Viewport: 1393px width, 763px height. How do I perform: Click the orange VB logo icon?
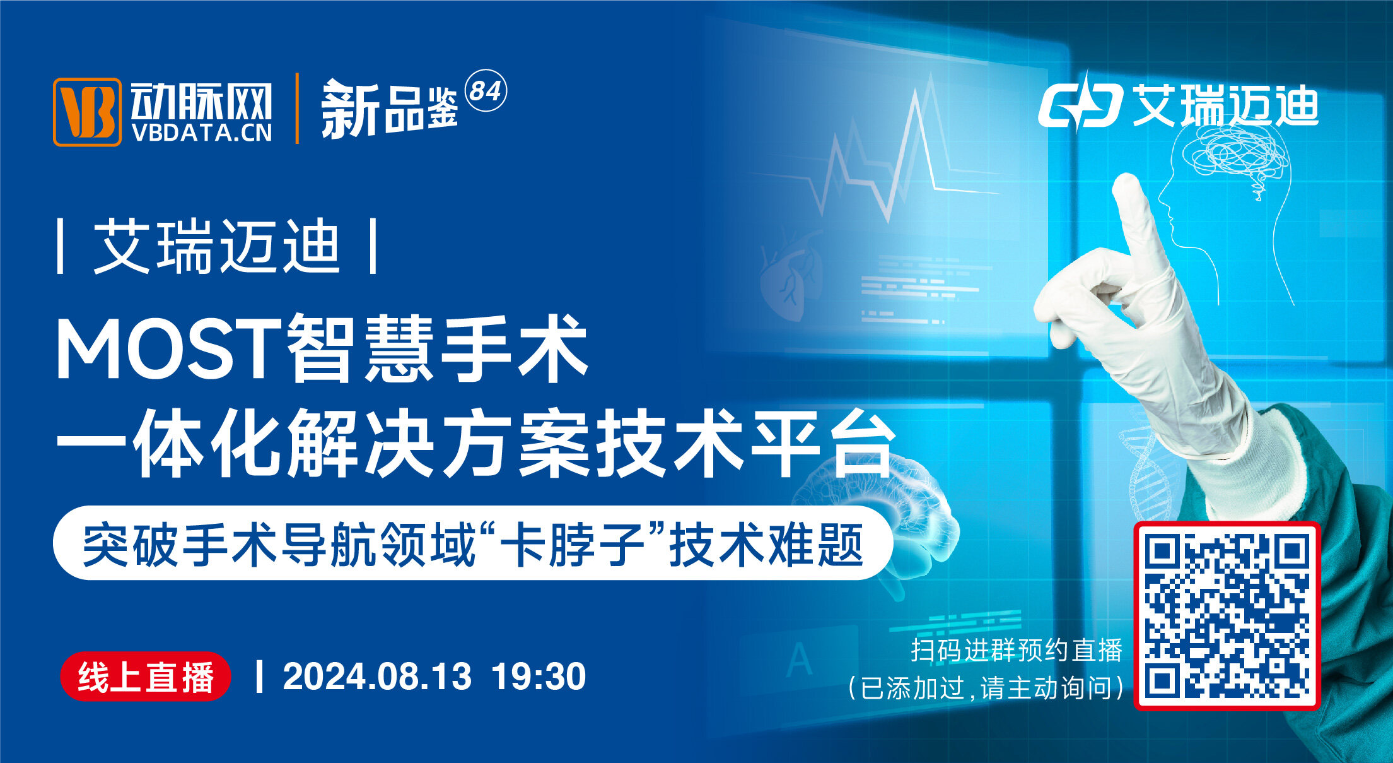[87, 112]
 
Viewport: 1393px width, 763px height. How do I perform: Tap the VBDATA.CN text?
[202, 133]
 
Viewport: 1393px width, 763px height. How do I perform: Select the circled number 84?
[486, 91]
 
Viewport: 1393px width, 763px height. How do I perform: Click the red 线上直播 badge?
[146, 677]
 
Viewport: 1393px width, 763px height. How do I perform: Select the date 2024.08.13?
[377, 677]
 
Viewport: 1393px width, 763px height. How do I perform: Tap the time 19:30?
[539, 677]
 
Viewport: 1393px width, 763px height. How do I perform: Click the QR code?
[1227, 616]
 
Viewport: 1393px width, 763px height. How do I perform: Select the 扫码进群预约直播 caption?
[1017, 651]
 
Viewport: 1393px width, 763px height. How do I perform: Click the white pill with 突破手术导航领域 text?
[473, 543]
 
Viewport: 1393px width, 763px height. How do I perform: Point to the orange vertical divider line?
[297, 109]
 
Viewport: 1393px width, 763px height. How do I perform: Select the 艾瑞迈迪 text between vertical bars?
[218, 246]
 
